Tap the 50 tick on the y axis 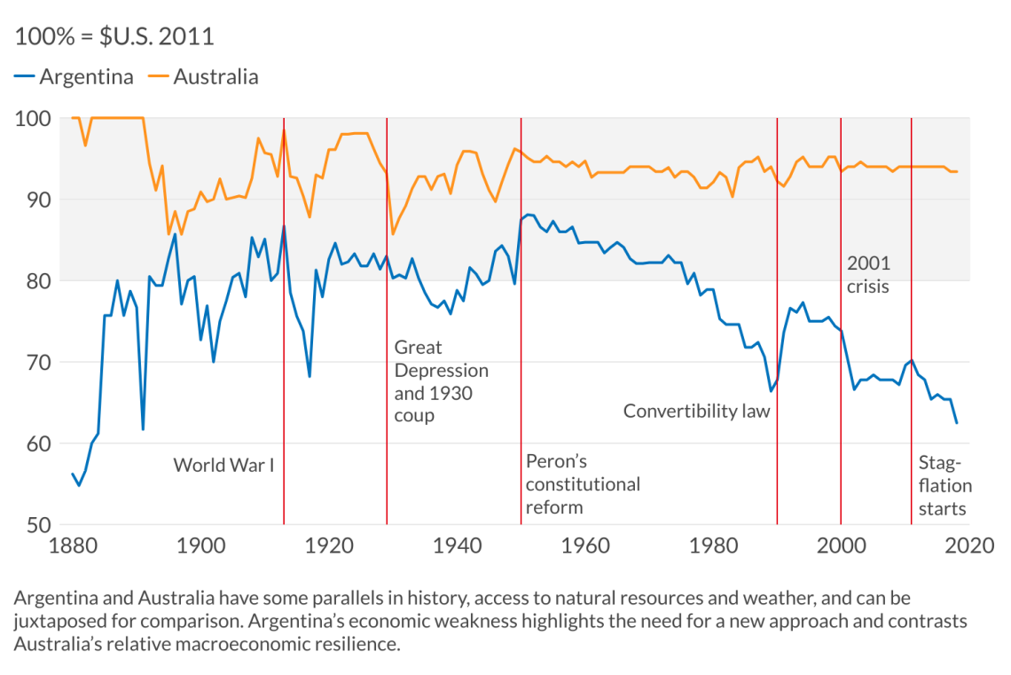click(35, 524)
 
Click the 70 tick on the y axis click(35, 362)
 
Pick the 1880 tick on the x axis click(71, 545)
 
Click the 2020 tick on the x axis click(968, 545)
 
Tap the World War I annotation click(223, 465)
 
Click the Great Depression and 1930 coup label click(441, 381)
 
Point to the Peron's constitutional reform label click(583, 484)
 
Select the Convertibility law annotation click(697, 411)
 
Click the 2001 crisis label click(868, 275)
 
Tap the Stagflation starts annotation click(944, 485)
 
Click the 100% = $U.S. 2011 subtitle click(114, 36)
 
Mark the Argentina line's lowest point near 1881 click(78, 485)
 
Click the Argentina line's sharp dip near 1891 click(143, 429)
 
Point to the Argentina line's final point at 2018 click(956, 423)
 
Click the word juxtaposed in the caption click(56, 621)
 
